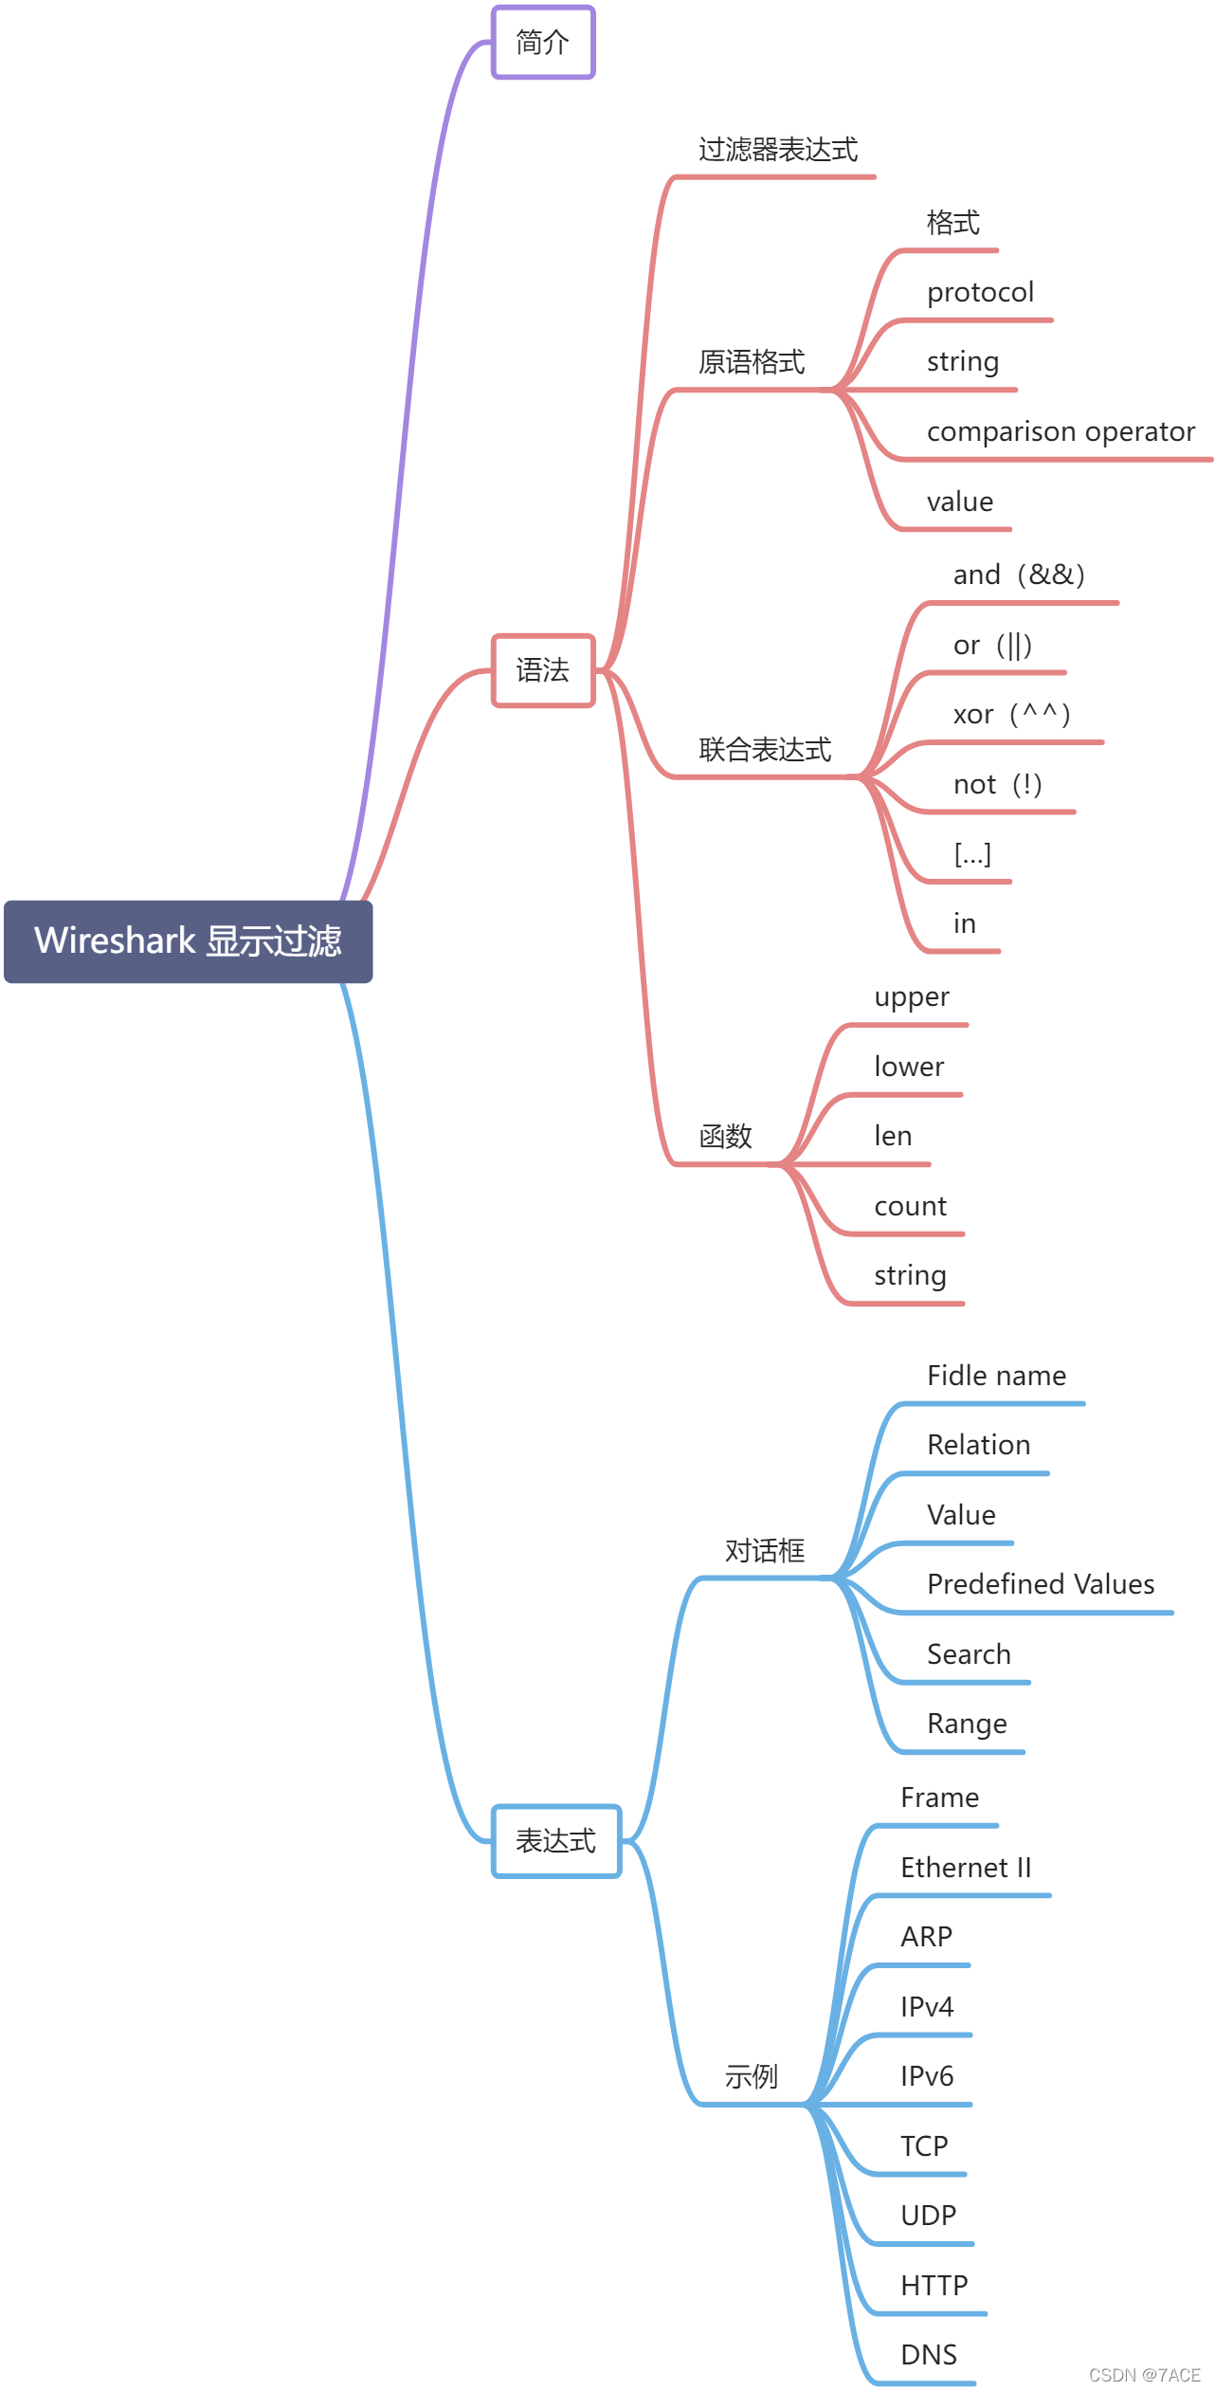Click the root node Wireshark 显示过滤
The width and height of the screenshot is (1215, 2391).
click(188, 940)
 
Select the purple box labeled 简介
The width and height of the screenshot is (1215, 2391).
click(543, 43)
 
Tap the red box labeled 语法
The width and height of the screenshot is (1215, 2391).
click(543, 670)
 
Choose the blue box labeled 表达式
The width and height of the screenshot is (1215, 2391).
click(556, 1840)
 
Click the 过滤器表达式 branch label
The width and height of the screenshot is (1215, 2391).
click(778, 150)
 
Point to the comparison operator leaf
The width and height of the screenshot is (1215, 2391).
click(1061, 432)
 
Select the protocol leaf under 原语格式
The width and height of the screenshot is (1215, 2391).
click(980, 292)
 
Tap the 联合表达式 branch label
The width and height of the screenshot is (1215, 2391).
click(765, 750)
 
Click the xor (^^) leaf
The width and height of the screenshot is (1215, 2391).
click(1011, 714)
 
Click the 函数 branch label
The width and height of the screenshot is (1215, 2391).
click(725, 1136)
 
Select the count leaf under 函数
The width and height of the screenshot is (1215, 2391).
click(910, 1206)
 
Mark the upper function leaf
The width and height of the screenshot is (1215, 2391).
click(912, 997)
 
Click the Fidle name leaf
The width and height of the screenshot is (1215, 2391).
click(996, 1376)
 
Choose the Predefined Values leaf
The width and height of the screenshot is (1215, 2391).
click(1041, 1584)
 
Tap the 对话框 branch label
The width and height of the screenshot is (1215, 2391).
click(765, 1550)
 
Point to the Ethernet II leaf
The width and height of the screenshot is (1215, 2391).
click(966, 1868)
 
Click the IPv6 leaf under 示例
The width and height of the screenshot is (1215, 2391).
click(927, 2076)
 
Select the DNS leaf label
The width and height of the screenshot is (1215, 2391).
click(929, 2355)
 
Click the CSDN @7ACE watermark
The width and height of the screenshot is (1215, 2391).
click(1144, 2375)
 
